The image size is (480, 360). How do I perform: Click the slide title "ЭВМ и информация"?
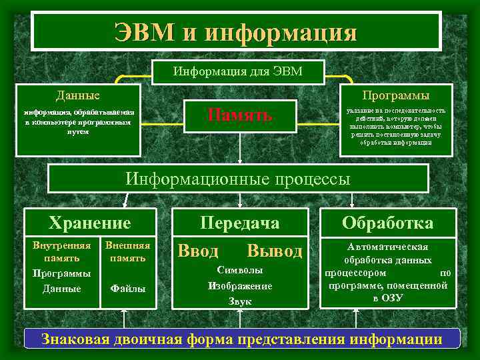[x=236, y=31]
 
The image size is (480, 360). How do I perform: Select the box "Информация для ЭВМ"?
[x=238, y=71]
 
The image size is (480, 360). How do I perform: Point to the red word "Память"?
[x=239, y=115]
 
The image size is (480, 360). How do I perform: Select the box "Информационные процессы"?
[x=238, y=179]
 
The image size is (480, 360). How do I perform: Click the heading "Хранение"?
[x=90, y=223]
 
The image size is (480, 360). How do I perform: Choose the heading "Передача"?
[x=240, y=223]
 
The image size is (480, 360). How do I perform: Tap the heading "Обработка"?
[x=387, y=223]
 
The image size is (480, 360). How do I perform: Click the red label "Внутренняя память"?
[x=61, y=251]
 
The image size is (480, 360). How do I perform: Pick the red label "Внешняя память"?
[x=127, y=251]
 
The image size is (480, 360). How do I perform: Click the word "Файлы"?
[x=127, y=289]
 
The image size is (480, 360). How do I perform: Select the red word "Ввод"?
[x=197, y=251]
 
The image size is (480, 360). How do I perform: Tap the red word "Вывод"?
[x=274, y=251]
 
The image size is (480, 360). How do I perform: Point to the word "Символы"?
[x=239, y=271]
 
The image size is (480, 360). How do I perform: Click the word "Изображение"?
[x=239, y=286]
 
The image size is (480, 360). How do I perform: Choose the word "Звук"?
[x=239, y=301]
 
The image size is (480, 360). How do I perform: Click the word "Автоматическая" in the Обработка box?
[x=387, y=247]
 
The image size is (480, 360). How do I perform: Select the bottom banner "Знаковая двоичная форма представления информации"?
[x=241, y=339]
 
